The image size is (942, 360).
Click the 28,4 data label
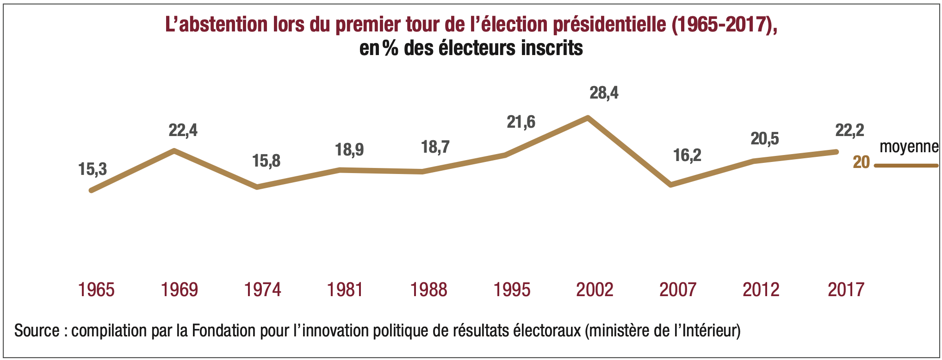604,93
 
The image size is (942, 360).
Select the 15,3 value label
93,169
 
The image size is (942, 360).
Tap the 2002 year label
595,290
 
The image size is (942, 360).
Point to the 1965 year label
96,290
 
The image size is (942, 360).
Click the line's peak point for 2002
588,118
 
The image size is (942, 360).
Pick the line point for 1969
174,150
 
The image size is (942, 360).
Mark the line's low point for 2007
671,185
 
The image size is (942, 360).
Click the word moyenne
909,147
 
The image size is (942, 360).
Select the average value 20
861,162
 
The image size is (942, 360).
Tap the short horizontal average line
906,165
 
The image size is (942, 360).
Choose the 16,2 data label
687,155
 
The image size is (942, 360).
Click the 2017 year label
846,290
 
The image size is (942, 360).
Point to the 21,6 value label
521,122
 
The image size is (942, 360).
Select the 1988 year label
428,290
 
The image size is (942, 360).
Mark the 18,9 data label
349,150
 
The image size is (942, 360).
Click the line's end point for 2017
837,152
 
